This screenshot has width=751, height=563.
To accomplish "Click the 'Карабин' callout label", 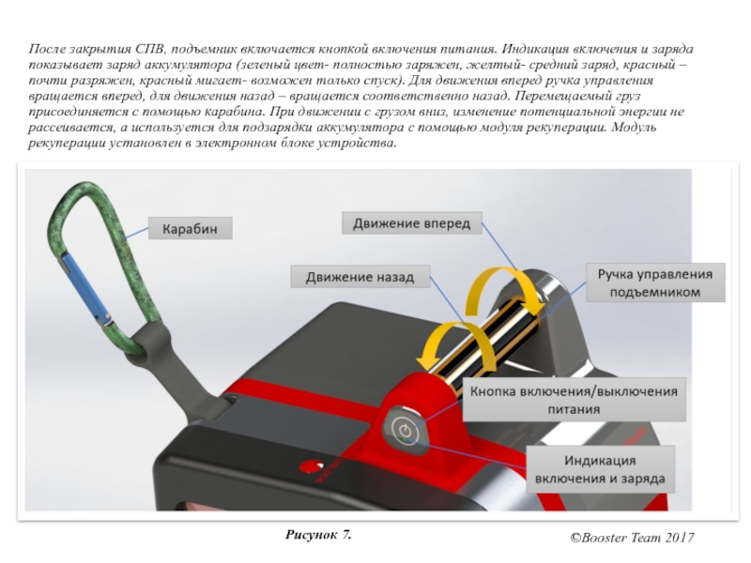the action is tap(191, 228).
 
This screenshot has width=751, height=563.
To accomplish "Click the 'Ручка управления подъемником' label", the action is tap(655, 283).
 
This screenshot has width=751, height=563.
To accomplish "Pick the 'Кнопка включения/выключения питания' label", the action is tap(575, 399).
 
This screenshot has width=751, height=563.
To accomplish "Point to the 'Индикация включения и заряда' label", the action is tap(600, 469).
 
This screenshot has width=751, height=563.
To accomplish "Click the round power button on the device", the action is tap(403, 430).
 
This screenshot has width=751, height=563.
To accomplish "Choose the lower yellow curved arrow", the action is tap(441, 348).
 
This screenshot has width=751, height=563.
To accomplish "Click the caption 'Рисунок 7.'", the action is tap(318, 535).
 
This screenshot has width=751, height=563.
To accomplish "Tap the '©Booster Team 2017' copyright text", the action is tap(632, 538).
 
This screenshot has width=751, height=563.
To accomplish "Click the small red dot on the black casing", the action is tap(307, 464).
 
